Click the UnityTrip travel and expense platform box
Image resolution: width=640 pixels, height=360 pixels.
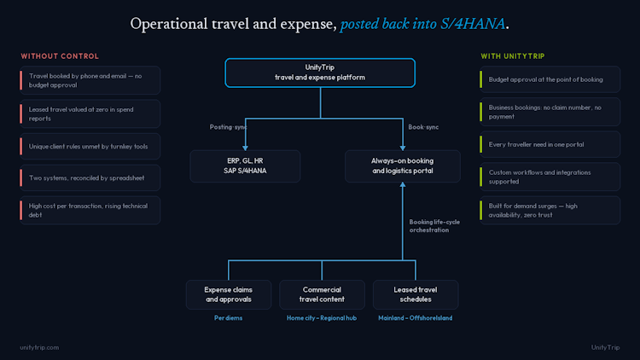click(320, 73)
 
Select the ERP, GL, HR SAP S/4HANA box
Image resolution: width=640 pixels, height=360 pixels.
click(245, 166)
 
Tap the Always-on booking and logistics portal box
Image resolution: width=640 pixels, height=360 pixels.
click(403, 166)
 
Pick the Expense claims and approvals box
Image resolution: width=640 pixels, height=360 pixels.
click(229, 294)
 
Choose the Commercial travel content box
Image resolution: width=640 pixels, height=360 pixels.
click(322, 294)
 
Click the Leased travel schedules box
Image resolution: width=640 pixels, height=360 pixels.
click(416, 294)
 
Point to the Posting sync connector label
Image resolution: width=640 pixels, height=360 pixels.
click(228, 127)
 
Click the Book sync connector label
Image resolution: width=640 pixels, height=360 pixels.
click(423, 127)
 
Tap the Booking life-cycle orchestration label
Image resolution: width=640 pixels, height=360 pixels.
click(434, 226)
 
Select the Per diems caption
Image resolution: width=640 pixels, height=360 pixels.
click(228, 318)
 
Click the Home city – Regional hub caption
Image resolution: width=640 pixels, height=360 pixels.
click(322, 318)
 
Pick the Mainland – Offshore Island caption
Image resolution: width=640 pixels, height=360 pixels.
click(415, 318)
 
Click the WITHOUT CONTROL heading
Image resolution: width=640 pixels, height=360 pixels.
click(60, 56)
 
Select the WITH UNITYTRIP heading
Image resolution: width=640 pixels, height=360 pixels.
click(513, 56)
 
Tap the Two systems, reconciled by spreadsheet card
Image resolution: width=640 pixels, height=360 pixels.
click(90, 178)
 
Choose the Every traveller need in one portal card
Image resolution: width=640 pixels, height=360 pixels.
click(550, 144)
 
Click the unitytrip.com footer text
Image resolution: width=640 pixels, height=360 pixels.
click(39, 347)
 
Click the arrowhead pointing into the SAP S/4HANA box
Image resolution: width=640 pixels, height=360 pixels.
click(245, 148)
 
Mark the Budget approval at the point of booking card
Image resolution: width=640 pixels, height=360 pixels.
click(550, 79)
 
